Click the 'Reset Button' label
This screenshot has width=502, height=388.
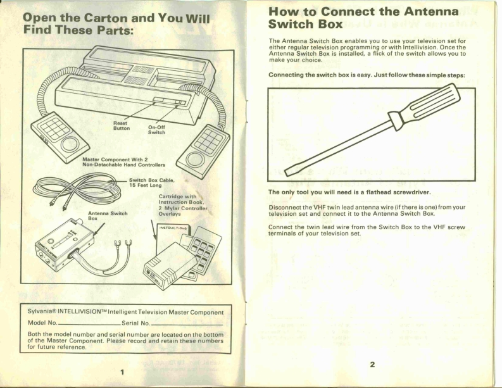(x=120, y=126)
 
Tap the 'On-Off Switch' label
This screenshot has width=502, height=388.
(x=156, y=129)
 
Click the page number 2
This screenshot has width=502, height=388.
(x=373, y=365)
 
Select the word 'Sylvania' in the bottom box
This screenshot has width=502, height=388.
(x=42, y=312)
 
